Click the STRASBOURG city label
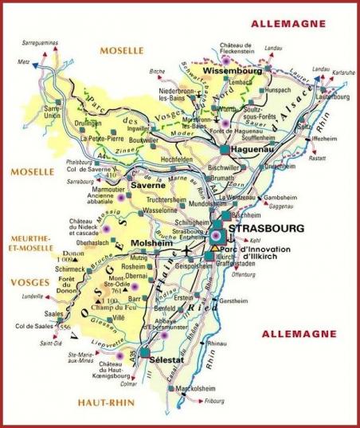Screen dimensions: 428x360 pos(266,229)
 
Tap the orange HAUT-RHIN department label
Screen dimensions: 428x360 pos(107,402)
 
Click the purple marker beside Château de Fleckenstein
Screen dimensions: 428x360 pos(226,58)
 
